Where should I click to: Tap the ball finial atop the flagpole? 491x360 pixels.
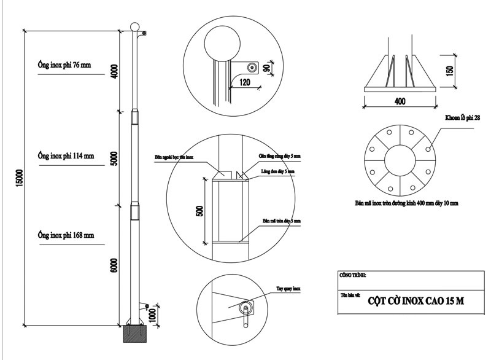tap(135, 28)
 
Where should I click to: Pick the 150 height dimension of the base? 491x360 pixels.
tap(449, 71)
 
